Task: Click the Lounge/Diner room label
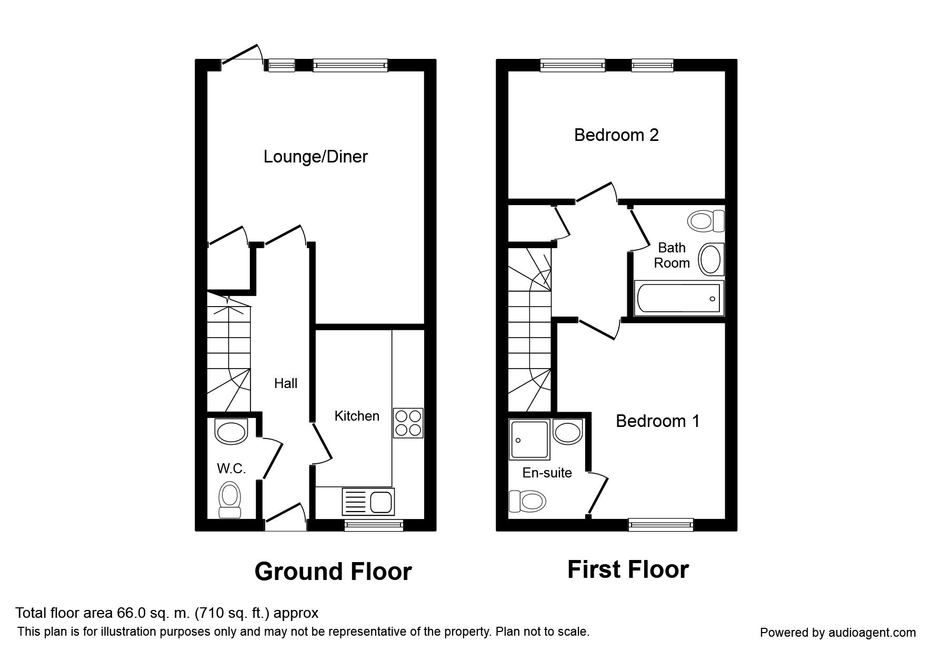pos(315,157)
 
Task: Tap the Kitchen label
pos(357,416)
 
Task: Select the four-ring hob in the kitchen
pos(408,423)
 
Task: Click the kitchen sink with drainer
pos(368,501)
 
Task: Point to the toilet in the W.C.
pos(229,500)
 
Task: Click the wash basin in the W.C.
pos(231,431)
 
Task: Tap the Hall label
pos(286,384)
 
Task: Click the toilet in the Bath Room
pos(706,221)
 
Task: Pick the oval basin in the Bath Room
pos(711,259)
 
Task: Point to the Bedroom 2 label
pos(616,135)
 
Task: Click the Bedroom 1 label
pos(658,421)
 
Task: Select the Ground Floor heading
pos(333,572)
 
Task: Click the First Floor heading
pos(628,569)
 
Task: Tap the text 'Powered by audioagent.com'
pos(838,633)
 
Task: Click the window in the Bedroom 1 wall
pos(661,524)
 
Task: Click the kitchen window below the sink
pos(374,524)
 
